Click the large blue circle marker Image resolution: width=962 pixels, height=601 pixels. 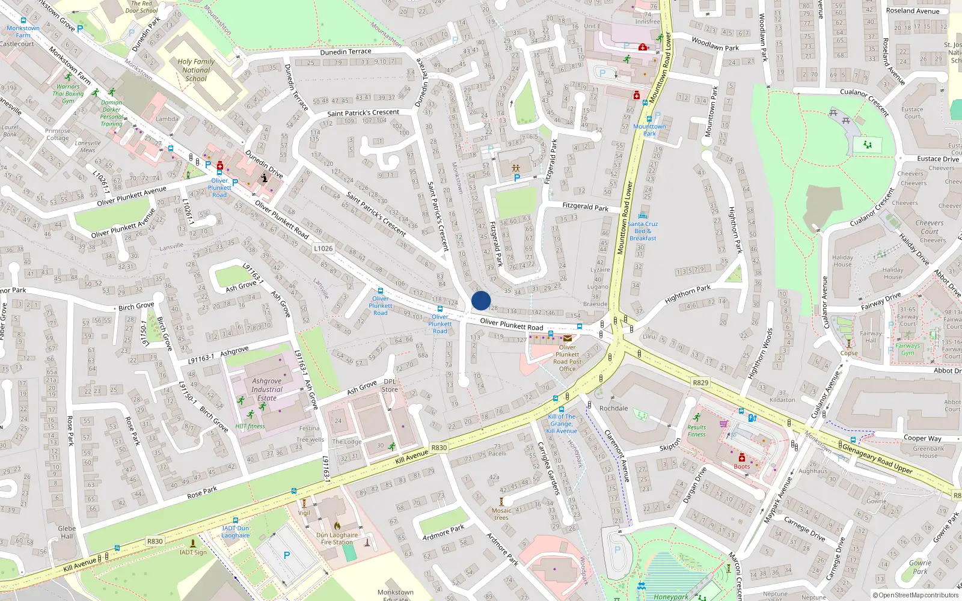click(x=481, y=300)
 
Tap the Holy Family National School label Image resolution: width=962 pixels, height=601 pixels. click(x=196, y=70)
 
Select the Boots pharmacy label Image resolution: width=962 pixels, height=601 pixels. click(x=741, y=466)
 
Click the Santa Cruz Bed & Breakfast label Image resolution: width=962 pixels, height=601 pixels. click(x=643, y=231)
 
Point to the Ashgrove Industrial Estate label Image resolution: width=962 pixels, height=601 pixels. click(x=267, y=389)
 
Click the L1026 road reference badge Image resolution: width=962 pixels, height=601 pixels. click(x=323, y=248)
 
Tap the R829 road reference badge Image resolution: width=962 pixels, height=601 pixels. click(x=700, y=382)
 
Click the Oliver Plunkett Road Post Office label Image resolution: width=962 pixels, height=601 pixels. click(x=567, y=358)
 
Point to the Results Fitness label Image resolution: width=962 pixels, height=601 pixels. click(x=697, y=431)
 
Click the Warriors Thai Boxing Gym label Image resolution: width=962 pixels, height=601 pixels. click(x=68, y=94)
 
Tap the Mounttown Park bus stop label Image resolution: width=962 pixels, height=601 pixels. click(x=649, y=130)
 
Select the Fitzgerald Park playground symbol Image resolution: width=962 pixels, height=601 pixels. click(x=516, y=169)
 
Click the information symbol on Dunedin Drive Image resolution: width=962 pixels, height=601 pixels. click(x=265, y=178)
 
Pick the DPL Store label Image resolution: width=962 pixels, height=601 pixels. click(x=390, y=385)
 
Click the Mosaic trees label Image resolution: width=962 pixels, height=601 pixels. click(x=501, y=514)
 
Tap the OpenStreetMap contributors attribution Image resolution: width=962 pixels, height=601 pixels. click(x=915, y=595)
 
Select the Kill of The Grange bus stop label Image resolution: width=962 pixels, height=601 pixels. click(x=562, y=424)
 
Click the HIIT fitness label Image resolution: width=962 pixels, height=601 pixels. click(x=250, y=426)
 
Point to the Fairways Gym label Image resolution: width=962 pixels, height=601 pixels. click(x=907, y=349)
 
